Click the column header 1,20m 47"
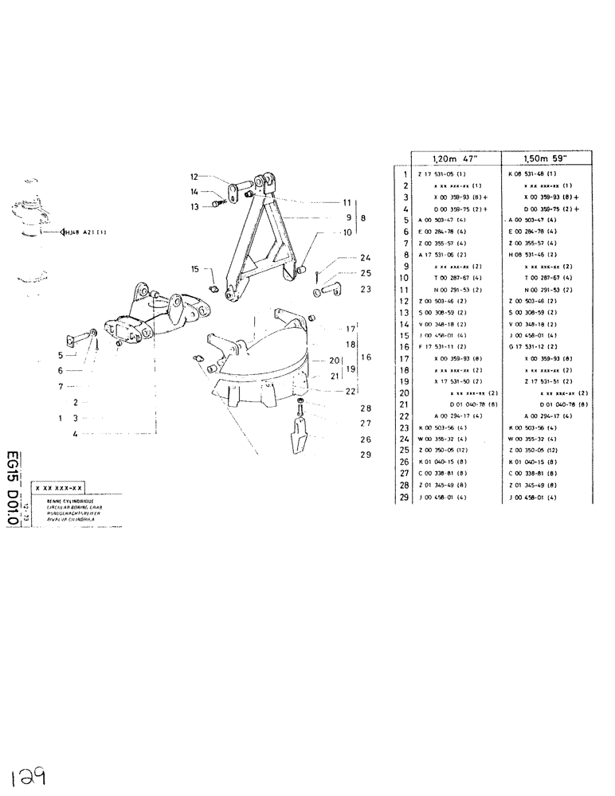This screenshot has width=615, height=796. point(454,158)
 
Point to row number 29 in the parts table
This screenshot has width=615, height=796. point(405,498)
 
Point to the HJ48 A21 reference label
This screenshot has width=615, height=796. point(83,233)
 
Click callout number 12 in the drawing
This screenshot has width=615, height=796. point(194,177)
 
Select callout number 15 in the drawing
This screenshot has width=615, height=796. point(195,269)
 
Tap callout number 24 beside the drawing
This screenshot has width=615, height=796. point(365,257)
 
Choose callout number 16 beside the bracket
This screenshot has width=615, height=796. point(367,357)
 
